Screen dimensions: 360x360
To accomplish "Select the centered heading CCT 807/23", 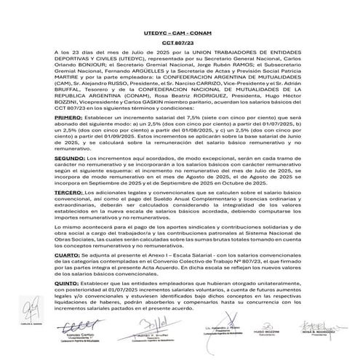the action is (x=180, y=44).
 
